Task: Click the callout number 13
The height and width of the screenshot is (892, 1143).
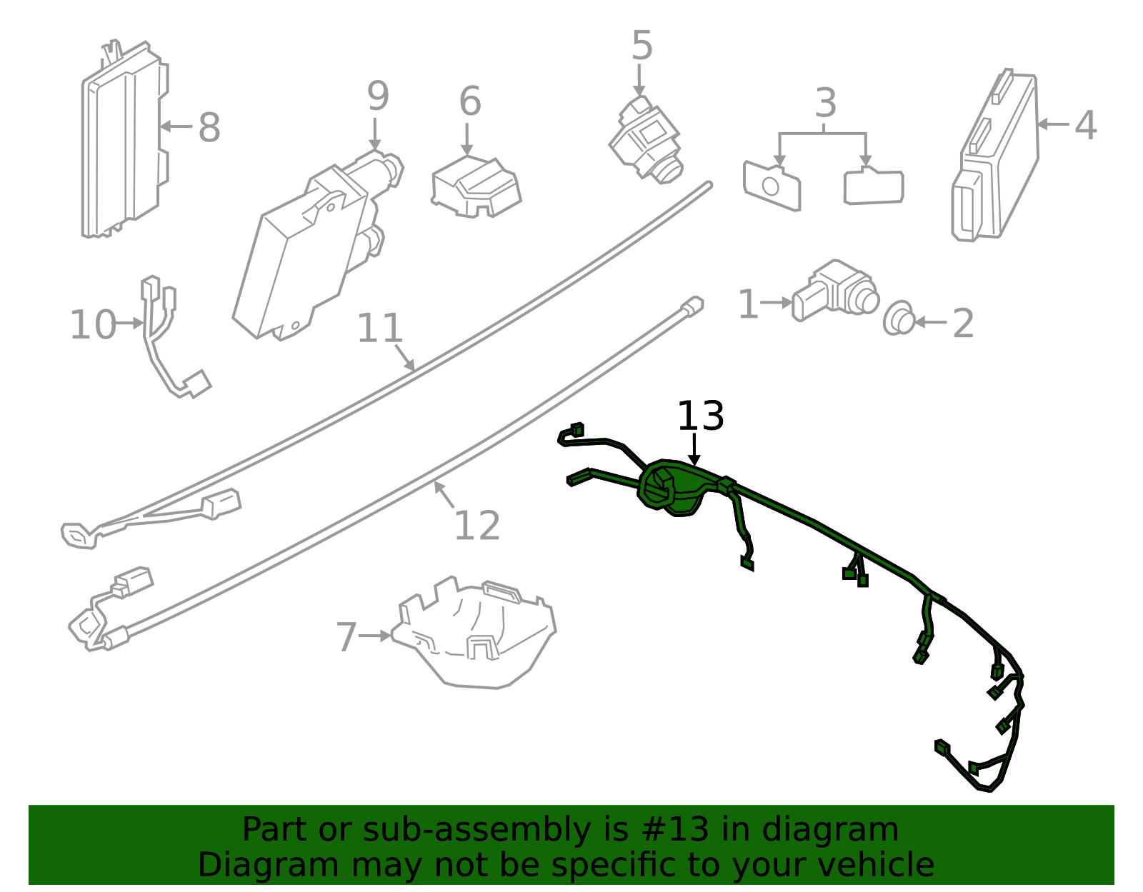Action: point(700,416)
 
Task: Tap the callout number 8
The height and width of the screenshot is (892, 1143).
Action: point(209,129)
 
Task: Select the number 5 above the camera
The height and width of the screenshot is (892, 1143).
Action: point(642,46)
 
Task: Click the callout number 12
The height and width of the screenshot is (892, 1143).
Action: point(476,526)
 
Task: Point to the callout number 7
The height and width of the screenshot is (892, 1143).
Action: point(346,637)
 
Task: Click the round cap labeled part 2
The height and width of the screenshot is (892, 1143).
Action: point(899,319)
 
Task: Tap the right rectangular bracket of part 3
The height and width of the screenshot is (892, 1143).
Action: point(873,187)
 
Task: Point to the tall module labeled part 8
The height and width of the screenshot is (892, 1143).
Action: point(123,143)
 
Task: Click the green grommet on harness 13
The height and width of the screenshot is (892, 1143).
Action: point(672,488)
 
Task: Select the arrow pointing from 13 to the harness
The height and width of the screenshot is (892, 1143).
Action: point(694,449)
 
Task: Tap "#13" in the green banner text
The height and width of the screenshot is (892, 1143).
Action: point(676,830)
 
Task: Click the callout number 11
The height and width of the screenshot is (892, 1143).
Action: point(379,329)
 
